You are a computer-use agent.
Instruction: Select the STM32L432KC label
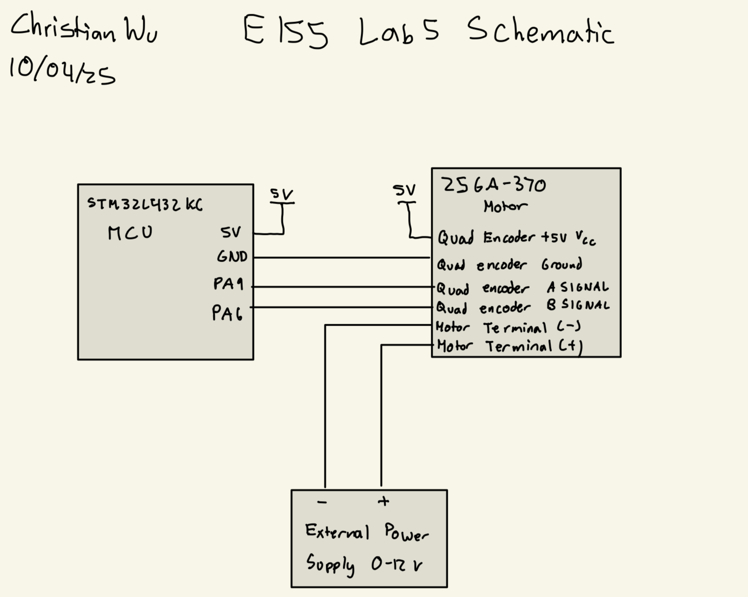(x=145, y=204)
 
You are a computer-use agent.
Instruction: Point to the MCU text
(x=130, y=233)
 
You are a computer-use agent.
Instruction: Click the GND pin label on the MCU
(x=232, y=256)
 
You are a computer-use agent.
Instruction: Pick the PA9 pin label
(x=228, y=284)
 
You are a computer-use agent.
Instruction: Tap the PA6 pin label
(x=227, y=313)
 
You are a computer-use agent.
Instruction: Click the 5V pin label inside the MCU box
(x=230, y=233)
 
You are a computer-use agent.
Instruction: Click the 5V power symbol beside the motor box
(x=405, y=196)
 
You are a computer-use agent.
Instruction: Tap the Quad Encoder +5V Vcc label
(x=516, y=238)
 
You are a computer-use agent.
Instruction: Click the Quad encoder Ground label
(x=509, y=265)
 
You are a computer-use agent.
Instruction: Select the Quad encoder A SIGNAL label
(x=522, y=288)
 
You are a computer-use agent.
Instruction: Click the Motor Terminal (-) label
(x=508, y=328)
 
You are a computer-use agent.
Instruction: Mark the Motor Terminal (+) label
(x=509, y=346)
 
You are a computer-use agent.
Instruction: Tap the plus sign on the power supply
(x=383, y=501)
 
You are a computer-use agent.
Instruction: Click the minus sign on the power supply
(x=322, y=502)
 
